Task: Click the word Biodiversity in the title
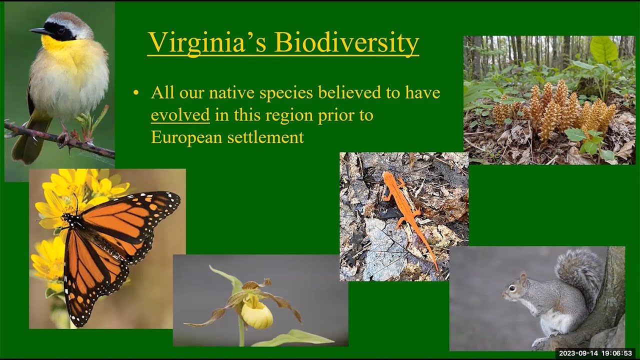pos(346,43)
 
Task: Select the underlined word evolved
pos(180,115)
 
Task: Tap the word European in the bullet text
pos(186,137)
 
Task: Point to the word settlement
pos(265,137)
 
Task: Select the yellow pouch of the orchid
pos(257,314)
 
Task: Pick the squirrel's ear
pos(523,277)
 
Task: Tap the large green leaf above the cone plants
pos(603,50)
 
